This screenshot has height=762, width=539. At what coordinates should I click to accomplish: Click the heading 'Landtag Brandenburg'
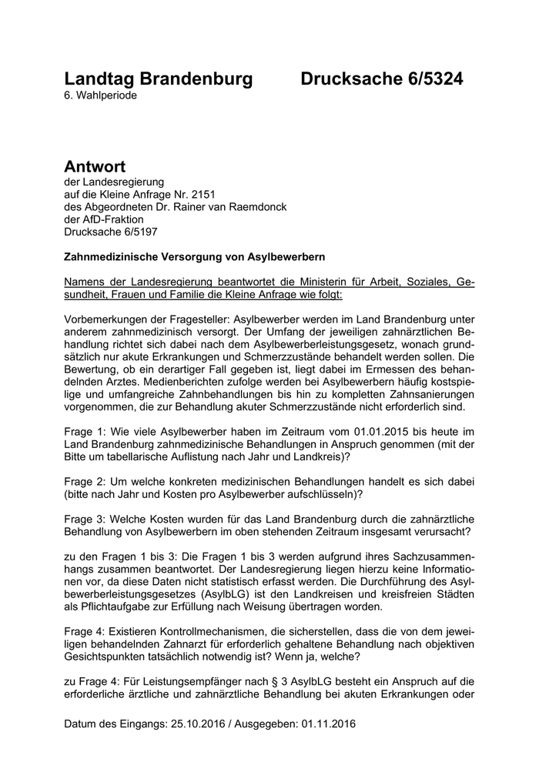click(x=159, y=79)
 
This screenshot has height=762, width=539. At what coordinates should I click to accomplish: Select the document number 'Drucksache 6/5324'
click(x=382, y=79)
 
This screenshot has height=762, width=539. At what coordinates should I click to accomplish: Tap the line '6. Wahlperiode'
click(x=102, y=95)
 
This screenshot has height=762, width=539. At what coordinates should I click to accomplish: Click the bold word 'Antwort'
click(x=95, y=167)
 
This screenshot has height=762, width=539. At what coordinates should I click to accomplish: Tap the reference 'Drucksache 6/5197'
click(x=114, y=232)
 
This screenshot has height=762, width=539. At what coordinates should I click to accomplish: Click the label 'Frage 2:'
click(x=86, y=480)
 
